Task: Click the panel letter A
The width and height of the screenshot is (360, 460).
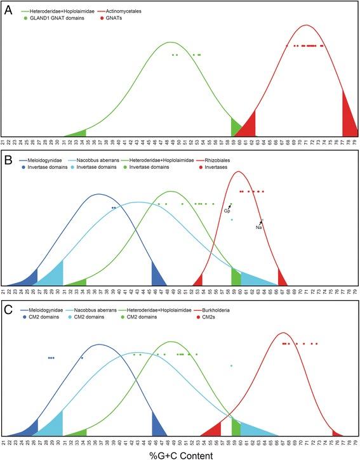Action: (9, 10)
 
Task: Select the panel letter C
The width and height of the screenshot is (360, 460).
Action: (9, 310)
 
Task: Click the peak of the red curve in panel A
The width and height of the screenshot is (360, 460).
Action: (307, 25)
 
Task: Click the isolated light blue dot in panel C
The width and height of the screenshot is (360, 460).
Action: (232, 366)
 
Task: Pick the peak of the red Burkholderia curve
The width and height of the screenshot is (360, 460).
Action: (284, 332)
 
